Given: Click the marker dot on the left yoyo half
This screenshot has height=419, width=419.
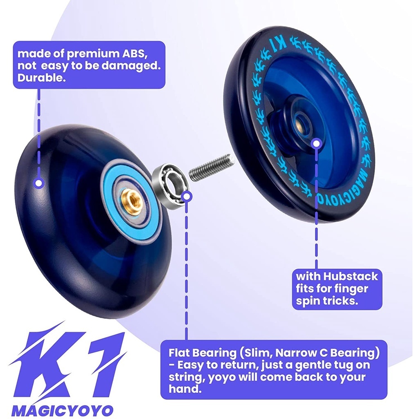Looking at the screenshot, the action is point(39,183).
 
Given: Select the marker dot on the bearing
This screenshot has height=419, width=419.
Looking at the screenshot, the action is point(187,196).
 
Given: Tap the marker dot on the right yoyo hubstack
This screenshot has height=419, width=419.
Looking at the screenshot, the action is point(315,143).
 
